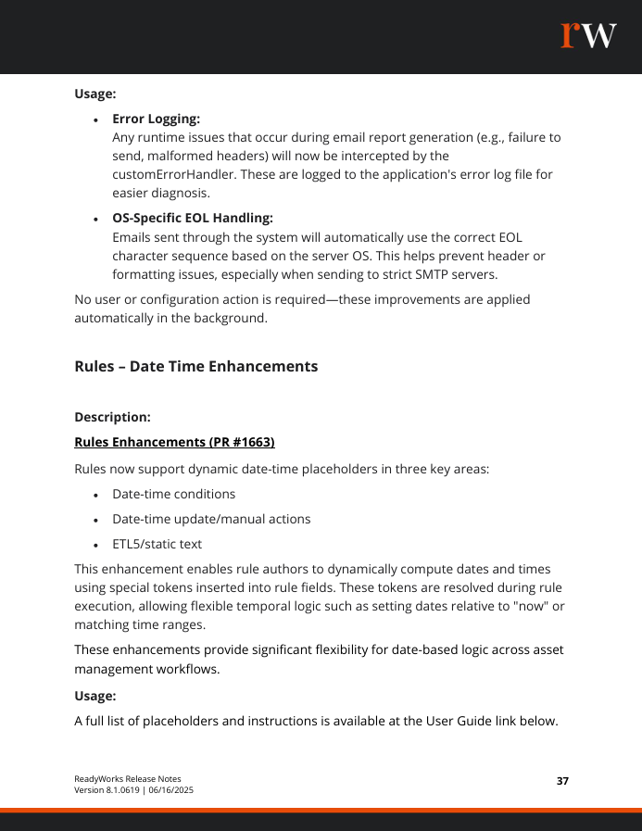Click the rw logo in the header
pos(588,34)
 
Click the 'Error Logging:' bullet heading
pos(156,119)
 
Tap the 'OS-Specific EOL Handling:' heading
pos(193,218)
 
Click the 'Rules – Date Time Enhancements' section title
pos(195,366)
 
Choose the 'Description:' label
pos(112,417)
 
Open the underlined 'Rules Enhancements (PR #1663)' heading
pos(174,442)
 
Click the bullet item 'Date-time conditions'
pos(173,494)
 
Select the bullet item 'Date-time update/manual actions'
pos(211,519)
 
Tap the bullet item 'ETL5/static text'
pos(157,544)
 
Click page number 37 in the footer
pos(562,781)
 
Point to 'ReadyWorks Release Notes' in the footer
pos(128,778)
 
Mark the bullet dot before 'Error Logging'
pos(96,120)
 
